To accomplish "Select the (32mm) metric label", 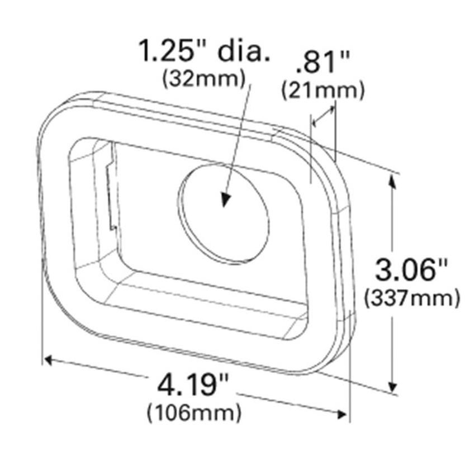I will tap(203, 80).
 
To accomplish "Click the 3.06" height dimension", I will tap(412, 272).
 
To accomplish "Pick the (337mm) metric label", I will tap(412, 298).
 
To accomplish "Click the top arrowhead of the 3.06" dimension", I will tap(394, 180).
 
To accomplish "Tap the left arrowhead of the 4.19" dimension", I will tap(49, 359).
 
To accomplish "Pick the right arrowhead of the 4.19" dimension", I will tap(342, 413).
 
